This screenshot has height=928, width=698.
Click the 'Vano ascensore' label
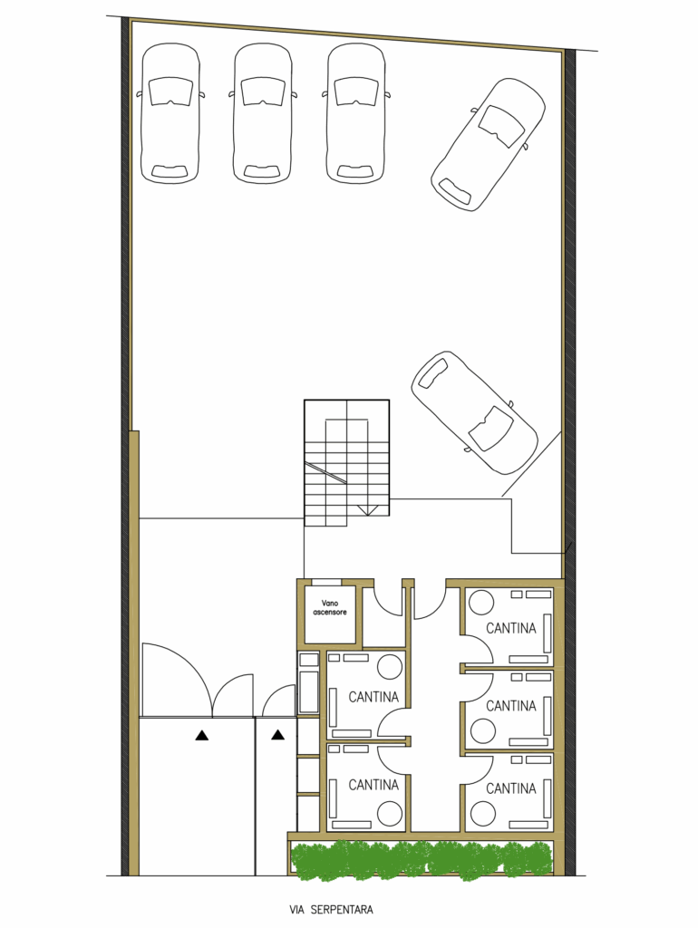click(x=330, y=608)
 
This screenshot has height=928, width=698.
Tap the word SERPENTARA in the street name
click(x=341, y=910)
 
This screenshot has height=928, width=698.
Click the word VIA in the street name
click(x=296, y=910)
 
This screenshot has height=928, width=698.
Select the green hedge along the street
click(x=422, y=860)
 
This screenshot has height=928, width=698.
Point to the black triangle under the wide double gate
click(x=202, y=736)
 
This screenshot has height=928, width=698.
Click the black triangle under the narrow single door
click(x=277, y=735)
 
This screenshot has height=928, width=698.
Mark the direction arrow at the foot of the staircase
click(x=368, y=510)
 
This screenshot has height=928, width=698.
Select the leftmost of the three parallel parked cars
click(x=170, y=112)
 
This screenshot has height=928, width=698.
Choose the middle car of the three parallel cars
click(x=263, y=112)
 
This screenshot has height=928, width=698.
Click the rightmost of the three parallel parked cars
click(x=355, y=112)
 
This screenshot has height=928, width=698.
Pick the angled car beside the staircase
click(x=475, y=413)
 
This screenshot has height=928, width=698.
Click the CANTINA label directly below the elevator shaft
click(x=373, y=697)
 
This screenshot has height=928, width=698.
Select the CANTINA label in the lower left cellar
click(x=373, y=785)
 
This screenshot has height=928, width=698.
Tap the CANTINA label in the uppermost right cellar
click(x=511, y=628)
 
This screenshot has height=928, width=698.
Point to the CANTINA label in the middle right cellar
click(x=511, y=705)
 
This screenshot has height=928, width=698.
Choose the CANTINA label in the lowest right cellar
click(x=511, y=788)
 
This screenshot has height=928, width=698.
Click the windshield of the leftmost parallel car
click(x=170, y=92)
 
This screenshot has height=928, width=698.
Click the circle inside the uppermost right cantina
click(x=481, y=604)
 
